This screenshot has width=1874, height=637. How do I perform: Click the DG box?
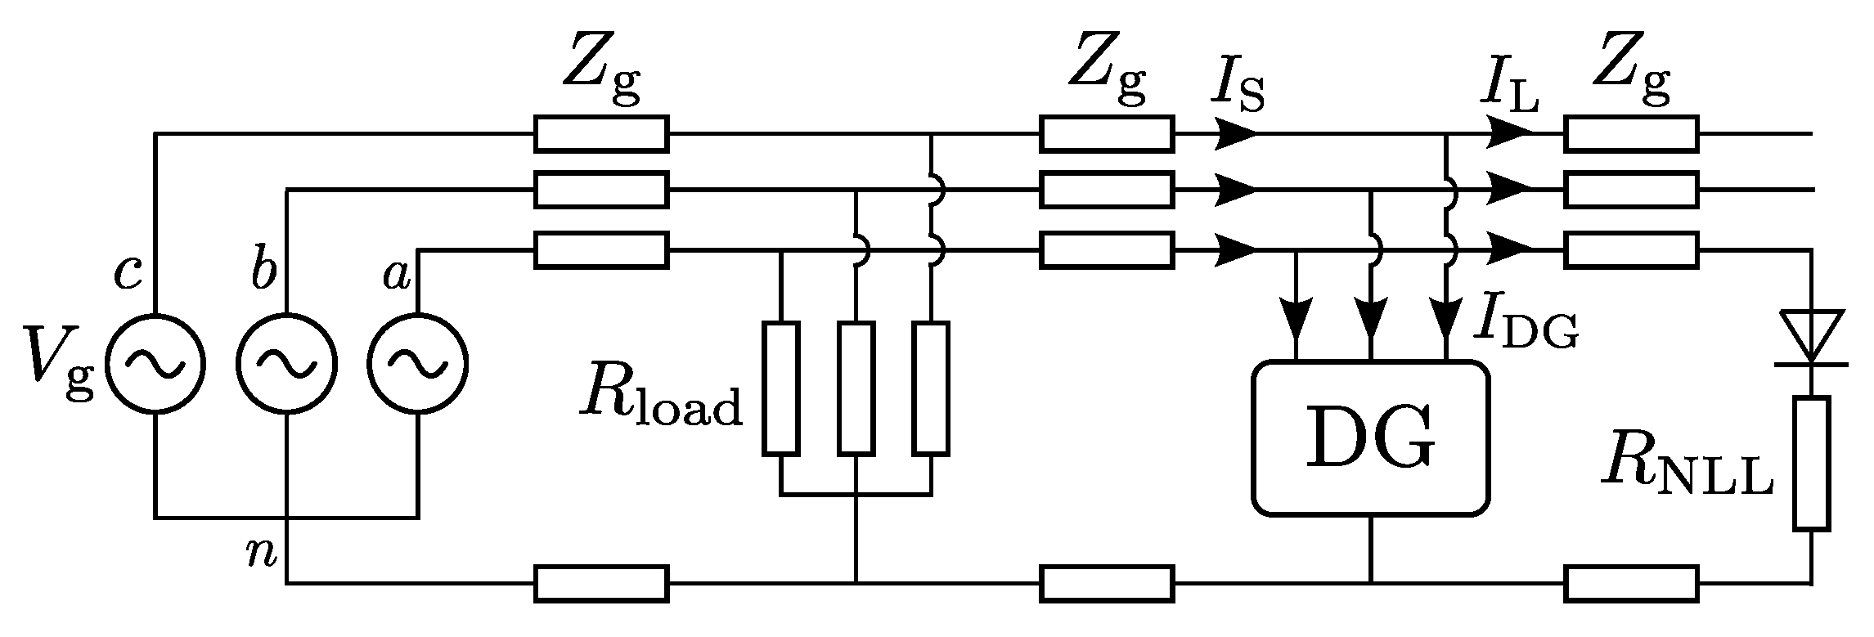(x=1370, y=438)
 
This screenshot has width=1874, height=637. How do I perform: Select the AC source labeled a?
(x=418, y=363)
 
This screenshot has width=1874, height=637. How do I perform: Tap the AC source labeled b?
(x=286, y=363)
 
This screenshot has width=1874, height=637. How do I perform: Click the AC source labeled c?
(x=155, y=363)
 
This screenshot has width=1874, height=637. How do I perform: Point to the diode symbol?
(x=1812, y=336)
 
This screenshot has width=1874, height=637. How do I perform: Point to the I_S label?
(x=1237, y=88)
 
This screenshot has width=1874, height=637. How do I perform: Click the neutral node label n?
(x=262, y=554)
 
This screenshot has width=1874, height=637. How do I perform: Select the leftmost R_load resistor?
(x=781, y=388)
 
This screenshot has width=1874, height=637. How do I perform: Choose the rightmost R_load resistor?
(x=932, y=388)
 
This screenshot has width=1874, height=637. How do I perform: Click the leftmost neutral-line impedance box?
(x=601, y=583)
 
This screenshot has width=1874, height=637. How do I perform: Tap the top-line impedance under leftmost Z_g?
(x=601, y=133)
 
